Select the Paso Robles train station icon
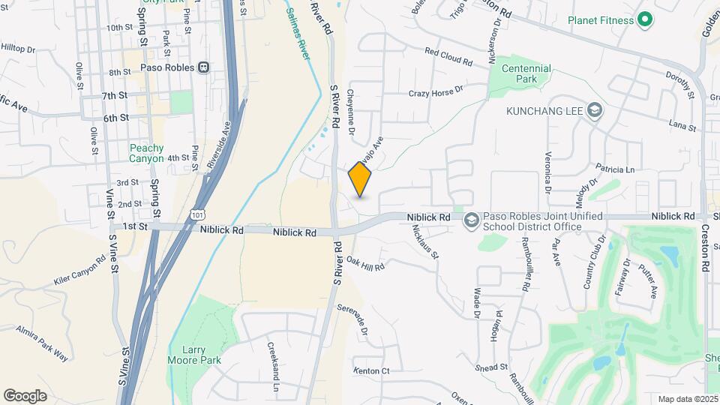pyautogui.click(x=203, y=67)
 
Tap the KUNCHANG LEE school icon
pyautogui.click(x=595, y=111)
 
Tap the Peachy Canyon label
pyautogui.click(x=146, y=153)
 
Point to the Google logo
pyautogui.click(x=25, y=395)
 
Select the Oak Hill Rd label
pyautogui.click(x=366, y=262)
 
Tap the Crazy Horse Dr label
pyautogui.click(x=436, y=93)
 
